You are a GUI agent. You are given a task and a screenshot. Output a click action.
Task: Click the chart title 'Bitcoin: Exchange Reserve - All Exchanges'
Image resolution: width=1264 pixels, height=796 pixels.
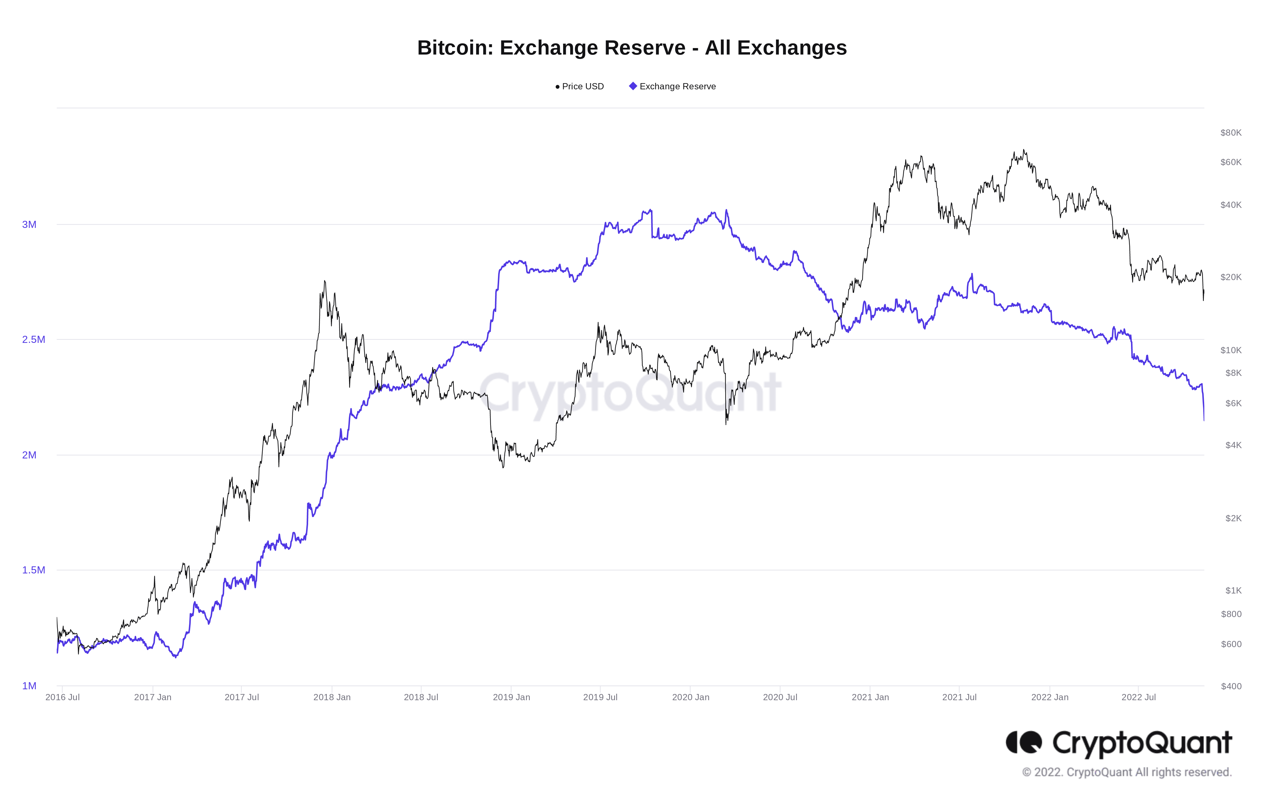pyautogui.click(x=632, y=48)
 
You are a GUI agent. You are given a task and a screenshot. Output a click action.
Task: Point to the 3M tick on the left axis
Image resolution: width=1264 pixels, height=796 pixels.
pyautogui.click(x=29, y=225)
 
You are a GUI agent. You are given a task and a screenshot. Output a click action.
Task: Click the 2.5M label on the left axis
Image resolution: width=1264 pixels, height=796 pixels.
pyautogui.click(x=34, y=340)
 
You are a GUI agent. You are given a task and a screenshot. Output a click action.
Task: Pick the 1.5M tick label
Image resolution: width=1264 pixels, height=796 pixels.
pyautogui.click(x=34, y=570)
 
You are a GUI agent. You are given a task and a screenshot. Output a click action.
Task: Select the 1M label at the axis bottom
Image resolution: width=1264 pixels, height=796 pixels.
pyautogui.click(x=29, y=686)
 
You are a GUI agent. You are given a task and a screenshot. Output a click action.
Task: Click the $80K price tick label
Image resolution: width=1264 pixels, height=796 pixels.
pyautogui.click(x=1230, y=133)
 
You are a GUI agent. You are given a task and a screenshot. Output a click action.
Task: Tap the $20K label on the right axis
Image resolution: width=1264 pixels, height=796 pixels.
pyautogui.click(x=1230, y=277)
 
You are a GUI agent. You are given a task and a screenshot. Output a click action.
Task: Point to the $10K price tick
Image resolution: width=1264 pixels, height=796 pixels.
pyautogui.click(x=1230, y=350)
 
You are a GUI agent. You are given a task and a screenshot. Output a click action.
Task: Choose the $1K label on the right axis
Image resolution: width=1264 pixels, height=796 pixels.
pyautogui.click(x=1233, y=590)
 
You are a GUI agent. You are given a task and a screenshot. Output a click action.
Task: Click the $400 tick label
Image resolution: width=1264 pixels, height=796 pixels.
pyautogui.click(x=1231, y=686)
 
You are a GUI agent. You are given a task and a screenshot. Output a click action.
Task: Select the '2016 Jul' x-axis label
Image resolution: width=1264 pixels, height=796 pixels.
pyautogui.click(x=63, y=697)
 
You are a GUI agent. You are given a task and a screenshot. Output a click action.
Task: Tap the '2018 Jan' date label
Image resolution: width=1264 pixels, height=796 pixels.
pyautogui.click(x=332, y=697)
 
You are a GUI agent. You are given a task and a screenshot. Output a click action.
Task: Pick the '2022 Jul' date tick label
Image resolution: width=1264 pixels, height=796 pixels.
pyautogui.click(x=1139, y=697)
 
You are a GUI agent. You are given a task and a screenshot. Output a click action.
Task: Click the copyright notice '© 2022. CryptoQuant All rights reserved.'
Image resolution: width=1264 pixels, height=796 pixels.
pyautogui.click(x=1127, y=772)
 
